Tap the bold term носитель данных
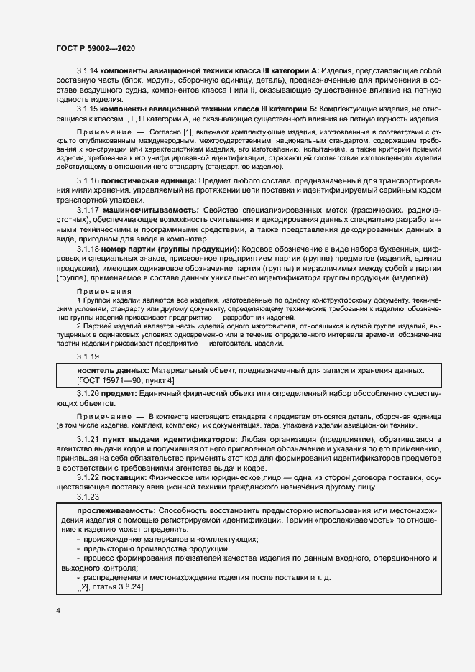102,370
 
